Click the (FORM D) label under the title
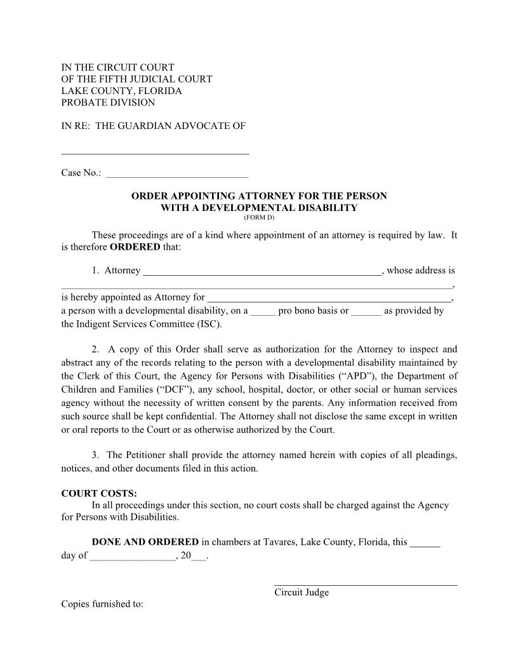click(259, 218)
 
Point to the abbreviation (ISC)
click(210, 324)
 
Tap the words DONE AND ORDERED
click(145, 543)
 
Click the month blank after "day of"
click(133, 557)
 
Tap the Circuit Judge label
click(302, 593)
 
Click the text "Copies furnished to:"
click(102, 604)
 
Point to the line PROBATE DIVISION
click(108, 102)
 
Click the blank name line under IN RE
click(155, 152)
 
